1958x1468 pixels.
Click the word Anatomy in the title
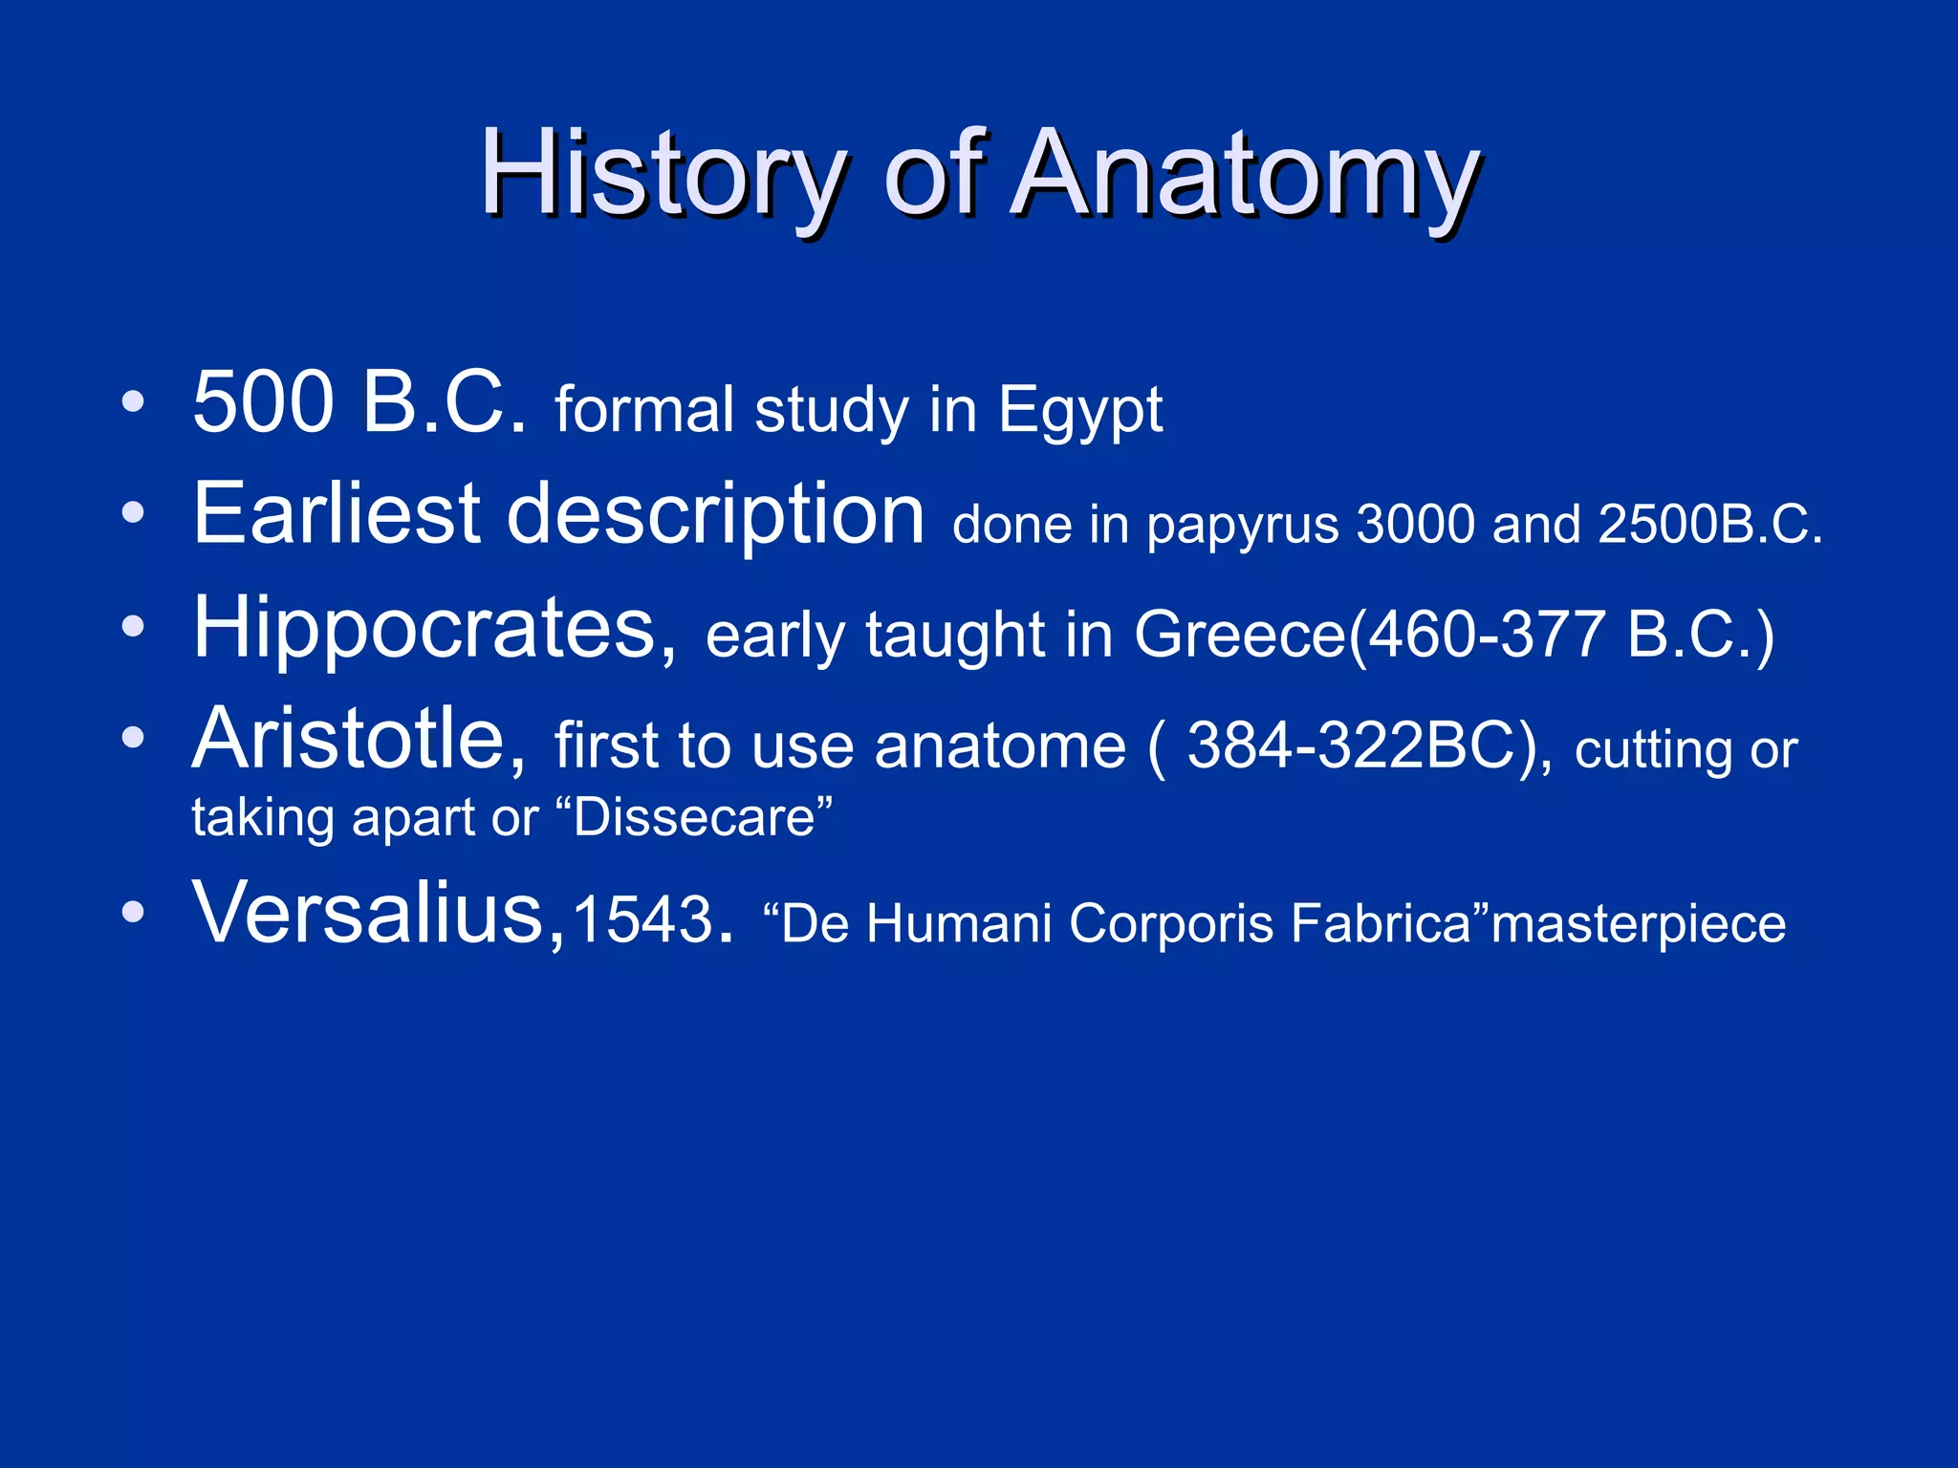1244,175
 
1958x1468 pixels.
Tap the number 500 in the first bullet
262,403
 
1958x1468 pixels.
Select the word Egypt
1080,411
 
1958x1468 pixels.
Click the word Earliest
336,515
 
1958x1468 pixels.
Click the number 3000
1415,525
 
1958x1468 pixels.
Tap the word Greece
1238,635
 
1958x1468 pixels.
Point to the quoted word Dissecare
694,818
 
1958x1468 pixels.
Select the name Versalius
368,913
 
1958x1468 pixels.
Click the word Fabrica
1379,924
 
